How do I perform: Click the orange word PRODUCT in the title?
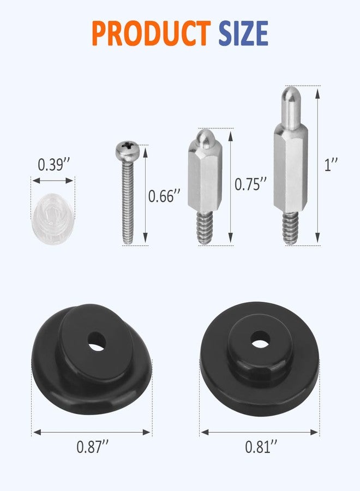pyautogui.click(x=151, y=33)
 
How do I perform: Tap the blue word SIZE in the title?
pyautogui.click(x=243, y=33)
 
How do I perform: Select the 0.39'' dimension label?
pyautogui.click(x=53, y=165)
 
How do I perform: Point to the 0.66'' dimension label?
pyautogui.click(x=164, y=196)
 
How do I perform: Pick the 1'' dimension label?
pyautogui.click(x=331, y=165)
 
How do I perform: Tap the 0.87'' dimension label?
pyautogui.click(x=93, y=447)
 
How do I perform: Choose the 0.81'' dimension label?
pyautogui.click(x=261, y=447)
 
